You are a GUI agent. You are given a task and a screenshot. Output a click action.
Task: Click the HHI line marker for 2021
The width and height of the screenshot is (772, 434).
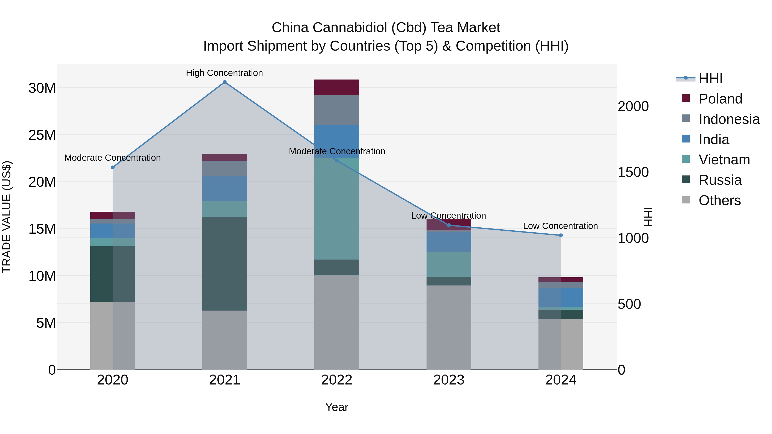click(x=225, y=82)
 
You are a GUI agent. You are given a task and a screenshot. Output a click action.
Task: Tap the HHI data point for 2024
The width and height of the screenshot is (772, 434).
click(x=561, y=235)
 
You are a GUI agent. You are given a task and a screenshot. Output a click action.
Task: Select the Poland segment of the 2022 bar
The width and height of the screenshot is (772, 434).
click(x=336, y=87)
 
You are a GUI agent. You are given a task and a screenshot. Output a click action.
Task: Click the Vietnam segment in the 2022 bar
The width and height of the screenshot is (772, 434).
click(x=336, y=209)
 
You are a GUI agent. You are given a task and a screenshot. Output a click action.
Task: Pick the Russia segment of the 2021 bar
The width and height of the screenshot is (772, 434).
click(x=225, y=264)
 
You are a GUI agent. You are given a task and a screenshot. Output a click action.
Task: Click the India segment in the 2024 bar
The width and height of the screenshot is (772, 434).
click(x=561, y=298)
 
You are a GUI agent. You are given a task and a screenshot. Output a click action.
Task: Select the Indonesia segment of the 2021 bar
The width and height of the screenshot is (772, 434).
click(x=225, y=168)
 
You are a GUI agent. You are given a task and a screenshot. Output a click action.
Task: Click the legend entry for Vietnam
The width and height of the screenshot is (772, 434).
click(x=724, y=160)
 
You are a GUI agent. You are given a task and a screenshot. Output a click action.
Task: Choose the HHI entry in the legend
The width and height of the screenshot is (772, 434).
click(x=710, y=78)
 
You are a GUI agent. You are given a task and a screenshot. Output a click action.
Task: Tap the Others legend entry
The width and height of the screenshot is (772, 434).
click(x=719, y=200)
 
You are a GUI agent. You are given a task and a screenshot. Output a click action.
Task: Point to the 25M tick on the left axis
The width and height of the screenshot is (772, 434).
click(x=42, y=135)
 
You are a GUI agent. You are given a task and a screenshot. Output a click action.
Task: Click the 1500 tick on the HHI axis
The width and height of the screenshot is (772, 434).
click(x=633, y=172)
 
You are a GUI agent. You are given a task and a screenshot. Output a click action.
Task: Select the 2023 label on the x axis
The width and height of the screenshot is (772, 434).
click(x=449, y=380)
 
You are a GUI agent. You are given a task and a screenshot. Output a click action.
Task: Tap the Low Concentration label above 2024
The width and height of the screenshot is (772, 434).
click(x=560, y=226)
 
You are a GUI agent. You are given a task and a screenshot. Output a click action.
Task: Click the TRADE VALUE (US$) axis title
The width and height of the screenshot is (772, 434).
click(x=7, y=217)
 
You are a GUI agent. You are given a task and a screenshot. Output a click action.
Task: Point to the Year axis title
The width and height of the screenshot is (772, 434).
click(x=336, y=407)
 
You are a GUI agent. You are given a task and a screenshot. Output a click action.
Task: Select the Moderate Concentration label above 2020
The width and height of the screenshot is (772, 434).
click(x=112, y=158)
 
